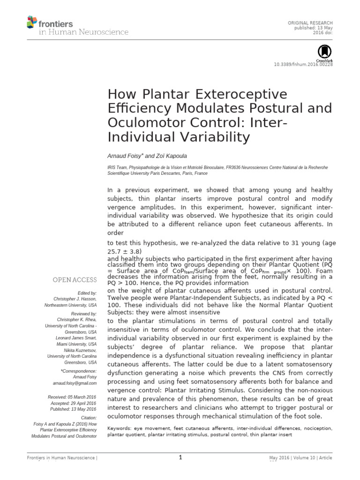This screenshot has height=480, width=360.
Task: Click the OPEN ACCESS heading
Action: pos(75,280)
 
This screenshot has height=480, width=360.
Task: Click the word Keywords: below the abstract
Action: pos(120,428)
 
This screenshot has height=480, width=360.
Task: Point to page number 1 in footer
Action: pos(180,458)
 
